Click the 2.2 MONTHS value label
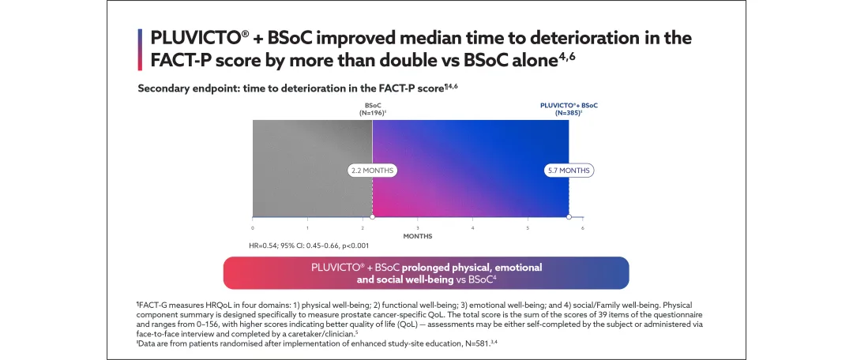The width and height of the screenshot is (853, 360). click(x=371, y=170)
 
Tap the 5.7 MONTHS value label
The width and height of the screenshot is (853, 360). click(x=569, y=170)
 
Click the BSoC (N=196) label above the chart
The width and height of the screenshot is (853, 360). click(x=371, y=109)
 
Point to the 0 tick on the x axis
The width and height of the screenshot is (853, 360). click(x=253, y=227)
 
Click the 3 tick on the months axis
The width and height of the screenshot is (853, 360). click(x=418, y=227)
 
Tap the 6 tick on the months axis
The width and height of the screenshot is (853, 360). click(x=582, y=227)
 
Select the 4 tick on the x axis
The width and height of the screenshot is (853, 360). click(x=472, y=227)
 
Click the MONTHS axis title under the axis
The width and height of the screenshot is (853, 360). click(x=417, y=236)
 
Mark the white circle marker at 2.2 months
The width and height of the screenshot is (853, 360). click(x=373, y=216)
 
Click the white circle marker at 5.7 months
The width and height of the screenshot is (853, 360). click(x=569, y=216)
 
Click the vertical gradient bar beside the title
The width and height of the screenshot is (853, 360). click(x=140, y=49)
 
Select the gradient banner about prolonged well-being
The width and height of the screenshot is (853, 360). click(x=426, y=273)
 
